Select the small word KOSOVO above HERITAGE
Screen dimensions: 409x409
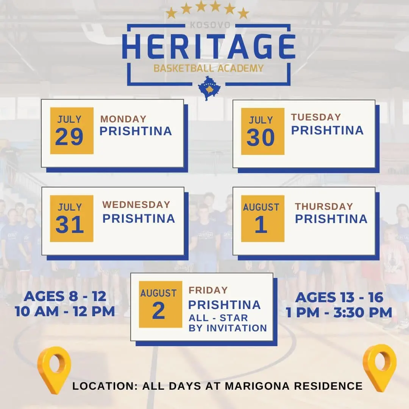coord(209,25)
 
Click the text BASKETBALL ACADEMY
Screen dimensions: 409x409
coord(208,69)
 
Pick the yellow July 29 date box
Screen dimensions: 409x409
coord(72,131)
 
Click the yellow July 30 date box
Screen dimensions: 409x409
coord(262,131)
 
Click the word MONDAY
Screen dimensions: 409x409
coord(123,119)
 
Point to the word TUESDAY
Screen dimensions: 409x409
coord(316,117)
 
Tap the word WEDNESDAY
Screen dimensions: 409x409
coord(136,204)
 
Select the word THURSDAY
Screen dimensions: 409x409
coord(324,206)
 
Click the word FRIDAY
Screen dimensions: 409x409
coord(208,290)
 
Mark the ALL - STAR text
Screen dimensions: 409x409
coord(218,317)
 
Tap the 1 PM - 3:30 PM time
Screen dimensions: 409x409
coord(339,312)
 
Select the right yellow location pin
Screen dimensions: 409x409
coord(379,367)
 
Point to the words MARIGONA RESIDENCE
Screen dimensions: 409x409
coord(293,386)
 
